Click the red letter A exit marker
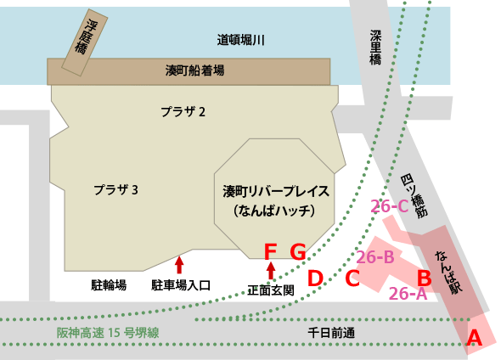click(x=475, y=337)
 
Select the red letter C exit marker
click(x=352, y=277)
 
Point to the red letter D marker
click(x=314, y=277)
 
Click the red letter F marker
click(x=270, y=251)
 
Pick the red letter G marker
click(x=297, y=251)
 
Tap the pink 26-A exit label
click(x=408, y=294)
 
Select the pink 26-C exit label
click(x=390, y=205)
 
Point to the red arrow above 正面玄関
click(x=271, y=271)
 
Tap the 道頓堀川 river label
click(x=242, y=40)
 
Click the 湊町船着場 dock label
click(x=194, y=71)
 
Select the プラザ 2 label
click(x=183, y=111)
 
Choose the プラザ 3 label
click(x=115, y=189)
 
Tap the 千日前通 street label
click(x=333, y=332)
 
